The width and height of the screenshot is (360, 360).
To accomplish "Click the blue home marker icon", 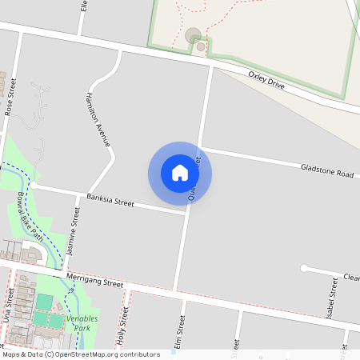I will coord(180,172).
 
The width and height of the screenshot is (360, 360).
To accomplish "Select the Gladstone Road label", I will coord(326,172).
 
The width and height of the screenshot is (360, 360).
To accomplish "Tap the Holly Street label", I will coord(123,326).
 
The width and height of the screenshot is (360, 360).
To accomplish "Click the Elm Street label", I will coord(180,333).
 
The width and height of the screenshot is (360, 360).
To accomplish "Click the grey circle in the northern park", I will coord(193,35).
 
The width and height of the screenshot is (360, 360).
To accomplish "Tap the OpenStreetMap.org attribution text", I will coord(107,354).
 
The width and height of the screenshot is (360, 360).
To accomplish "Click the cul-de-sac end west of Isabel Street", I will coord(304,267).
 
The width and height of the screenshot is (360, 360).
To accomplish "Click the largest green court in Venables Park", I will coord(42,302).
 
